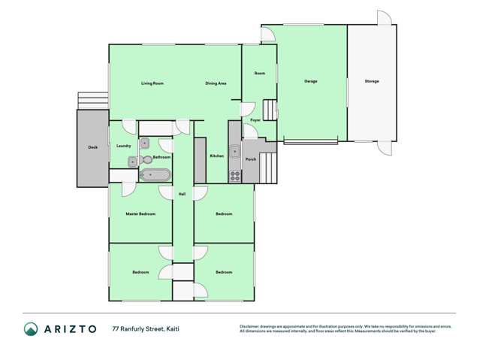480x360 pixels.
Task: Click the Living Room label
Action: (152, 83)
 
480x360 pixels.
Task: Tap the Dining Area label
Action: (216, 83)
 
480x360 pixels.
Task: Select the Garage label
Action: (310, 81)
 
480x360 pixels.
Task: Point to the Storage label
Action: (372, 81)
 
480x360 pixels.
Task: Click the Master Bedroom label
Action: (140, 214)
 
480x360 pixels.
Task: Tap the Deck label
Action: (92, 147)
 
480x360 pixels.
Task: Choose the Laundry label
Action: (124, 145)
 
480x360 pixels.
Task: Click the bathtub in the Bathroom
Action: (155, 176)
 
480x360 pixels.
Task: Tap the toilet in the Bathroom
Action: (146, 159)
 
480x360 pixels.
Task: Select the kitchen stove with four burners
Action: (235, 175)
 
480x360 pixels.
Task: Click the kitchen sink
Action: (235, 151)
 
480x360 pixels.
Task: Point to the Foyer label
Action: (255, 119)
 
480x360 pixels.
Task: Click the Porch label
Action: (251, 159)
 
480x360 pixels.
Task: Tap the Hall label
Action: (182, 195)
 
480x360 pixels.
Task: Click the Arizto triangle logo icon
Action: (31, 328)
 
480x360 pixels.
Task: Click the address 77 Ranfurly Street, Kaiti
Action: (146, 328)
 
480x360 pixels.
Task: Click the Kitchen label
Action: (216, 156)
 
